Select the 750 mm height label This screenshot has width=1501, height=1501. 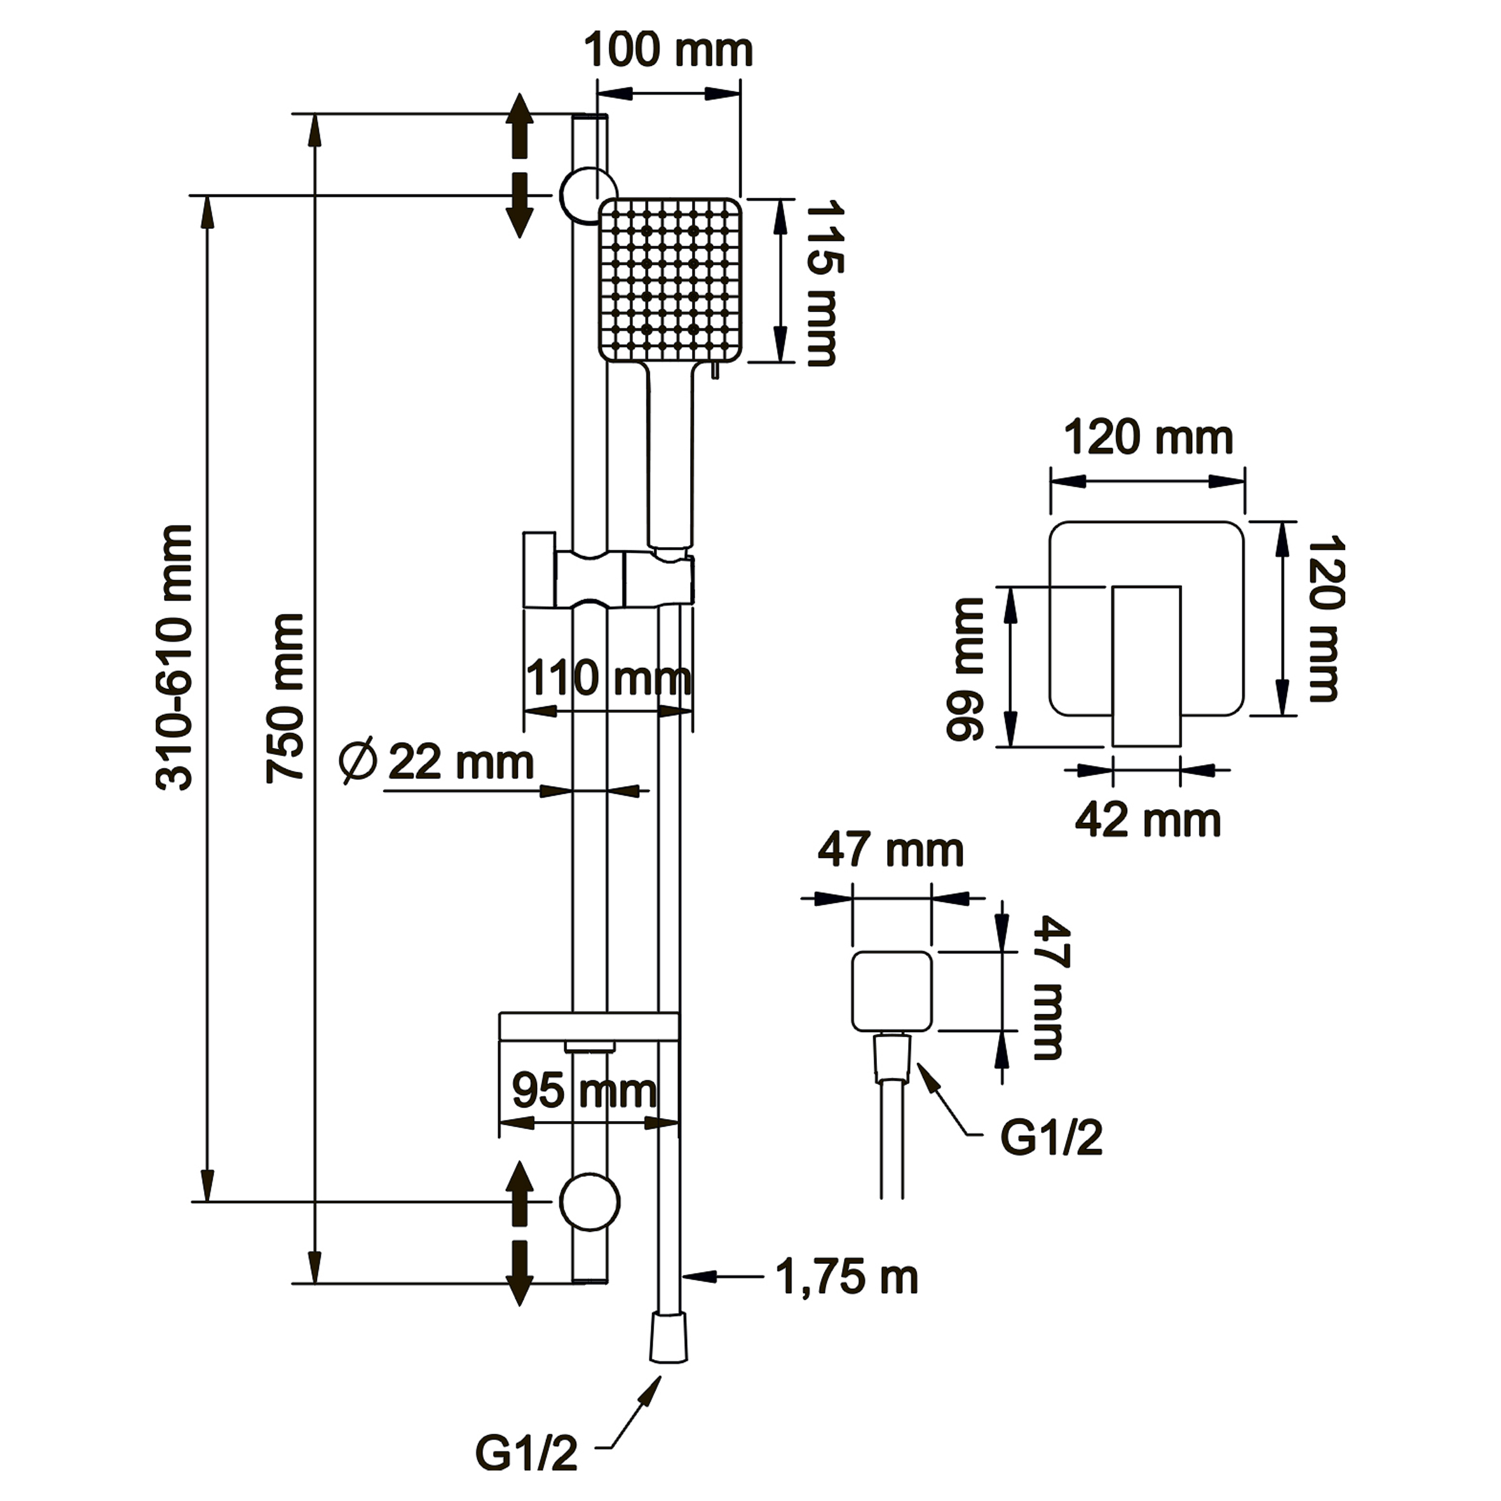pyautogui.click(x=285, y=698)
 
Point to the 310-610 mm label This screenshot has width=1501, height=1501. pyautogui.click(x=174, y=659)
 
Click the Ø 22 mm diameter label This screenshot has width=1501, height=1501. pyautogui.click(x=437, y=762)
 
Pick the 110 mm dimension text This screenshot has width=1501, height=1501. pyautogui.click(x=608, y=678)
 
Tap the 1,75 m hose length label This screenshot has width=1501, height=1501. pyautogui.click(x=847, y=1277)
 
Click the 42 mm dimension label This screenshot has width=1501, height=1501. pyautogui.click(x=1148, y=820)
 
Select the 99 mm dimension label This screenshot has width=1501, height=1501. pyautogui.click(x=966, y=669)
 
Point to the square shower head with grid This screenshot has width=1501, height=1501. pyautogui.click(x=670, y=280)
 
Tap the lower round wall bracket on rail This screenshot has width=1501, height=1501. pyautogui.click(x=590, y=1202)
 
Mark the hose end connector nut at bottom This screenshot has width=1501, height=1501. pyautogui.click(x=668, y=1338)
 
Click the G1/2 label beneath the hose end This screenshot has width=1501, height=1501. pyautogui.click(x=527, y=1453)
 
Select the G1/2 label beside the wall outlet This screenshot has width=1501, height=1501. pyautogui.click(x=1051, y=1138)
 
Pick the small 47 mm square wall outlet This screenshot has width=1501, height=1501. pyautogui.click(x=891, y=992)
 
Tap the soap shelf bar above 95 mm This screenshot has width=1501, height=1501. pyautogui.click(x=589, y=1026)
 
